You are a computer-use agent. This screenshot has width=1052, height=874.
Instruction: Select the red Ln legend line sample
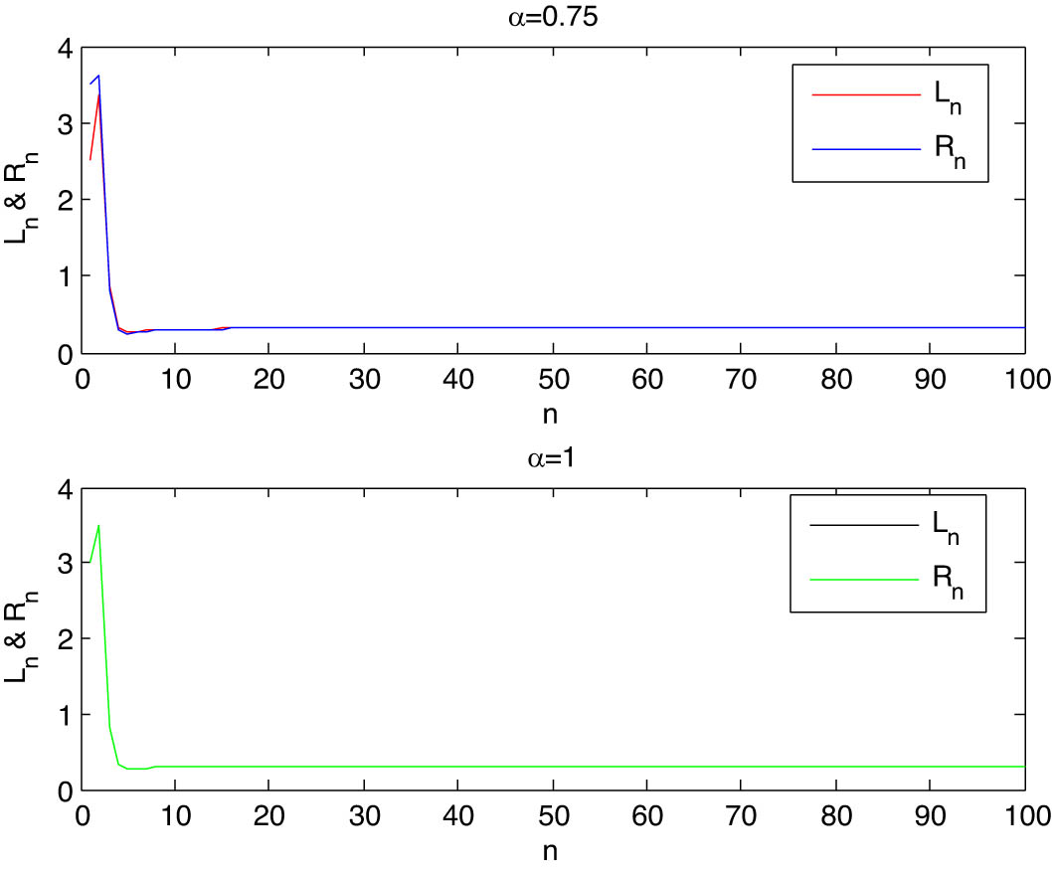[x=864, y=94]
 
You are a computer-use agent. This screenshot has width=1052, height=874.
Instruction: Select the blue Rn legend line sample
[x=864, y=149]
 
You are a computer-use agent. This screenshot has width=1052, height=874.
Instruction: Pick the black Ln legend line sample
[x=864, y=524]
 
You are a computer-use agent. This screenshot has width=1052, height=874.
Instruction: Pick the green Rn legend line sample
[x=864, y=579]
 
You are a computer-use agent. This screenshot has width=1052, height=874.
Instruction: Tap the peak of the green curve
[x=98, y=526]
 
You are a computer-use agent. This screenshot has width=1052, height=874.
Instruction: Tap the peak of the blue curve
[x=98, y=77]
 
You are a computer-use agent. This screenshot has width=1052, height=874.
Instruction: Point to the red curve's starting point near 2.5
[x=90, y=160]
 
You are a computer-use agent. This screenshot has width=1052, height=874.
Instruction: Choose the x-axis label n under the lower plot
[x=553, y=852]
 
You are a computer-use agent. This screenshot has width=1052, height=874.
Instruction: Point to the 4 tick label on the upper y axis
[x=67, y=48]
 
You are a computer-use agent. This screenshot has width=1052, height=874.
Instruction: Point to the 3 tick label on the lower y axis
[x=67, y=564]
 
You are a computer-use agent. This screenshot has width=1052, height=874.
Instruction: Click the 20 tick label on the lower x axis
[x=269, y=819]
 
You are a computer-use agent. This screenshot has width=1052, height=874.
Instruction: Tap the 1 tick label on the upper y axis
[x=67, y=276]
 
